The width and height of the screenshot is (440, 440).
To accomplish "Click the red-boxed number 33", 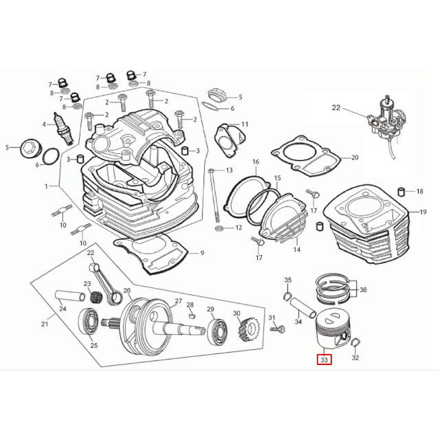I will coord(324,359).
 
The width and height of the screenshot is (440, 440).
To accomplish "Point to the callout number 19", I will coord(423,212).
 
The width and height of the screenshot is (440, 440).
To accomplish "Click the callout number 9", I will coord(202,253).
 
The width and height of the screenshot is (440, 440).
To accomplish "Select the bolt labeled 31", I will coord(277,330).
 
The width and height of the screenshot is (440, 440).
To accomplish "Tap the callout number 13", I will coord(229,170).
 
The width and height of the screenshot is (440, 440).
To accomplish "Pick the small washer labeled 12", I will coord(218,228).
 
